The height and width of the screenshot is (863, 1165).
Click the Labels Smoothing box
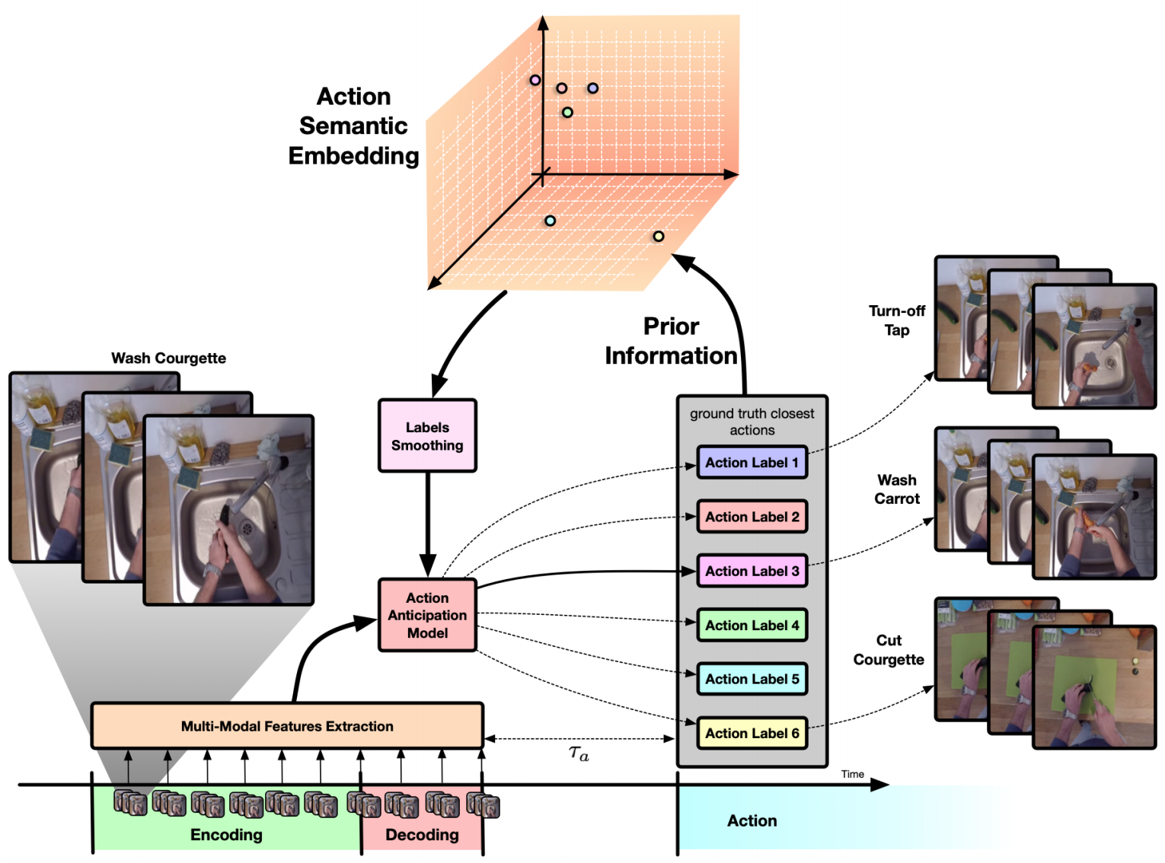coord(427,435)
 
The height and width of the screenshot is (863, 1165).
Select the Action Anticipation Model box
coord(427,615)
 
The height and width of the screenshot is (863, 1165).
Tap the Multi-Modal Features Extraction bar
coord(287,725)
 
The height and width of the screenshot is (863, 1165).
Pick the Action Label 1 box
coord(752,462)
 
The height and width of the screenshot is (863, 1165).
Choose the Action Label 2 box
coord(752,516)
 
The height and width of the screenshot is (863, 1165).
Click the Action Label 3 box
coord(752,571)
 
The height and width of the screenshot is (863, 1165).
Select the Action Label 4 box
coord(752,625)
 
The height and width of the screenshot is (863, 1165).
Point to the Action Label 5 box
coord(752,679)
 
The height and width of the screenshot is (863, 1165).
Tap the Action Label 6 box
coord(752,733)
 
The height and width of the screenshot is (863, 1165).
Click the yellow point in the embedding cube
coord(658,236)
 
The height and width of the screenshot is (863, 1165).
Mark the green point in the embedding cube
coord(567,112)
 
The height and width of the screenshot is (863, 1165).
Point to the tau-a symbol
coord(578,754)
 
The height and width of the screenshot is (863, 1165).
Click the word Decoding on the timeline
coord(422,835)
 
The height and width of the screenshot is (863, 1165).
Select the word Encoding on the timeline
coord(226,835)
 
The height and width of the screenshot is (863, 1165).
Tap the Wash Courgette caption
coord(168,358)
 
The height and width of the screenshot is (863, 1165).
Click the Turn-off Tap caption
coord(897,320)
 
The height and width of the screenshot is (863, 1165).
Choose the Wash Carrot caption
coord(897,489)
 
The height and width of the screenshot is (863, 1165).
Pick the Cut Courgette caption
coord(888,650)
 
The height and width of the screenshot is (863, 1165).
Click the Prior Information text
coord(671,341)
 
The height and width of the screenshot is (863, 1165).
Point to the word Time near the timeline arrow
coord(852,774)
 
